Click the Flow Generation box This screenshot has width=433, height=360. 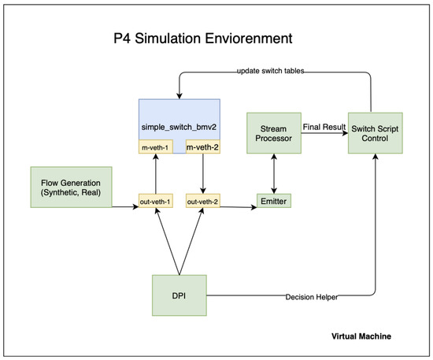coord(71,187)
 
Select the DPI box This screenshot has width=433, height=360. coord(179,295)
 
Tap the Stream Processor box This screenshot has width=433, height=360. coord(274,133)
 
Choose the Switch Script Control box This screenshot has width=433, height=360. coord(375,133)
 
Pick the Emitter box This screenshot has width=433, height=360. coord(274,201)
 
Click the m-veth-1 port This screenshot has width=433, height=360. coord(155,147)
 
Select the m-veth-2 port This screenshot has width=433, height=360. coord(202,147)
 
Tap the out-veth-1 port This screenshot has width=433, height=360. coord(155,201)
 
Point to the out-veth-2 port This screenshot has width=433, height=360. coord(202,201)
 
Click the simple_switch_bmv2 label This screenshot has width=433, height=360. coord(179,127)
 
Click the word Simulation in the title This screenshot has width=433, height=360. coord(168,38)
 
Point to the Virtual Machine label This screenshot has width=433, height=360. coord(361,336)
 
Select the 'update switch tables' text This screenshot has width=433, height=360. coord(271,71)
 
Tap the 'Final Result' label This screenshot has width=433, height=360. coord(324,127)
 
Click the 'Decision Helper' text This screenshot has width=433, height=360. coord(312,297)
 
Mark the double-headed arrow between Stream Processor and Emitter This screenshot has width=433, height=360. coord(274,173)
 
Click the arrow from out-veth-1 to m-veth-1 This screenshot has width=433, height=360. coord(156,173)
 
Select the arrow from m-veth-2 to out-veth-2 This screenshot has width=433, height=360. coord(203,173)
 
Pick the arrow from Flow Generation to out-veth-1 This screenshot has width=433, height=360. coord(125,206)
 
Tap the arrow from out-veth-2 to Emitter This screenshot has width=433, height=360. coord(239,207)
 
